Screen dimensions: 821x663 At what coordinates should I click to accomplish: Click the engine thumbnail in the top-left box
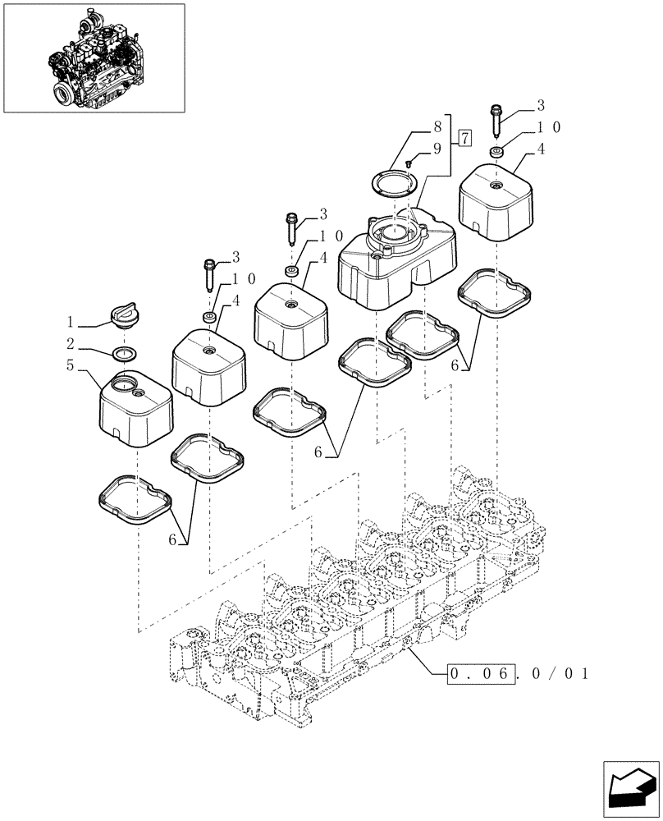tap(93, 57)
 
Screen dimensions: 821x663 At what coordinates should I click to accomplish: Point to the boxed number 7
tap(464, 137)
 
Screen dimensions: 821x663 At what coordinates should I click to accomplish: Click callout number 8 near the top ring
tap(437, 128)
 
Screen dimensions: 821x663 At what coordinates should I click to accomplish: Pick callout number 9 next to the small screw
tap(437, 149)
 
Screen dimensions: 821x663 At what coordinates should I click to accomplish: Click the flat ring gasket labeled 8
tap(394, 182)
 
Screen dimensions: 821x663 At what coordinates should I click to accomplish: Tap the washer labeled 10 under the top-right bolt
tap(496, 152)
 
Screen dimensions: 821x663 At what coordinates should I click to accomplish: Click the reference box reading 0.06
tap(482, 676)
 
